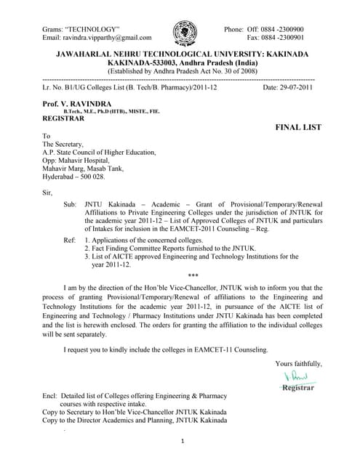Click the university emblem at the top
[x=184, y=33]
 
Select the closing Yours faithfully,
[x=297, y=363]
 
